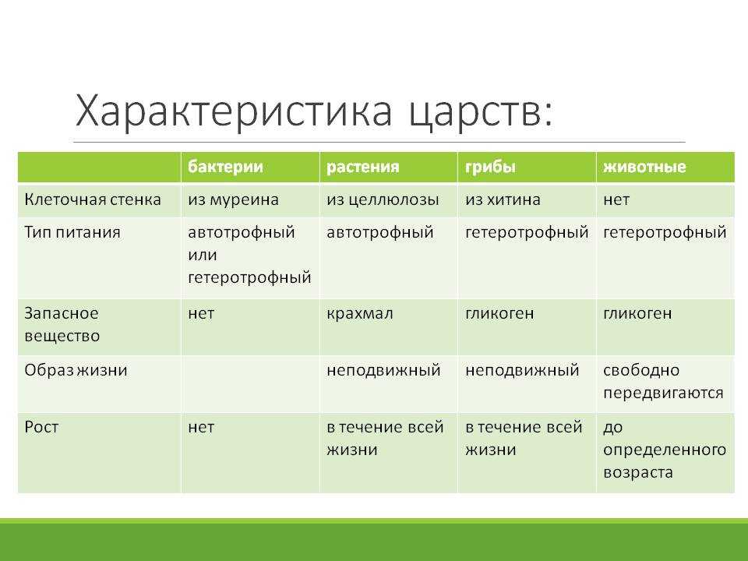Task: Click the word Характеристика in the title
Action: coord(234,111)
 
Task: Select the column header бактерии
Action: coord(225,167)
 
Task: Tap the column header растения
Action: coord(362,167)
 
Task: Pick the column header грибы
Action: coord(490,167)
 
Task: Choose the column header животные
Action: coord(644,167)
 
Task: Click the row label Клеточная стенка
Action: coord(93,199)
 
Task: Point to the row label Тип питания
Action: coord(72,232)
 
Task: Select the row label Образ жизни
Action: coord(76,370)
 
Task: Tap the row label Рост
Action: coord(41,426)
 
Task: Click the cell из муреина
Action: coord(233,199)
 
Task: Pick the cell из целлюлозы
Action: coord(383,199)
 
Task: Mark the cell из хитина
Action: coord(503,199)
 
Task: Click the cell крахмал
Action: coord(360,313)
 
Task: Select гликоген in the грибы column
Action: coord(499,313)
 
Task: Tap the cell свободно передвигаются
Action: coord(663,382)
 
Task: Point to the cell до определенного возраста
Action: coord(665,450)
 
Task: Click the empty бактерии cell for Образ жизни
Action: coord(250,384)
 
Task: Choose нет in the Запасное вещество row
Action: coord(201,314)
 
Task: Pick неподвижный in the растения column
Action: coord(383,370)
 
